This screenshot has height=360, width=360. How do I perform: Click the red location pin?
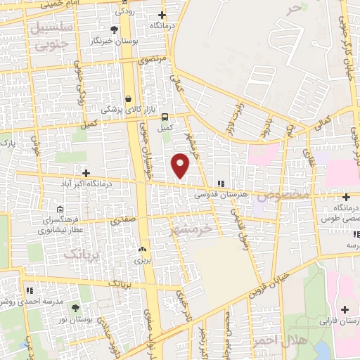[181, 165]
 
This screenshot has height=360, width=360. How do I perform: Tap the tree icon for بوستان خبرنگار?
[115, 30]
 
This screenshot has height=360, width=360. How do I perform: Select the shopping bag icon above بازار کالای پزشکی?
[128, 99]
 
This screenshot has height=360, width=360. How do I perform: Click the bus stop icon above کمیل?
[165, 117]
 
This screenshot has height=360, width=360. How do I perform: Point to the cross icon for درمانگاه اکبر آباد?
[86, 173]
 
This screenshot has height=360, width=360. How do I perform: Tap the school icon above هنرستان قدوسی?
[221, 184]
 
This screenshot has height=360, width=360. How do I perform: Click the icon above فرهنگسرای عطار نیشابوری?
[60, 209]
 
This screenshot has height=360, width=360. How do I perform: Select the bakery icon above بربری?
[143, 249]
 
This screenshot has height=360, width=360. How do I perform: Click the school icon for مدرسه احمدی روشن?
[29, 289]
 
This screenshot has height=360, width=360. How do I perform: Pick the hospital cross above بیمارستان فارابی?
[345, 310]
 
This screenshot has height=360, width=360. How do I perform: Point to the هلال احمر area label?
[290, 342]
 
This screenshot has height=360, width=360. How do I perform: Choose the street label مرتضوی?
[154, 60]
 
